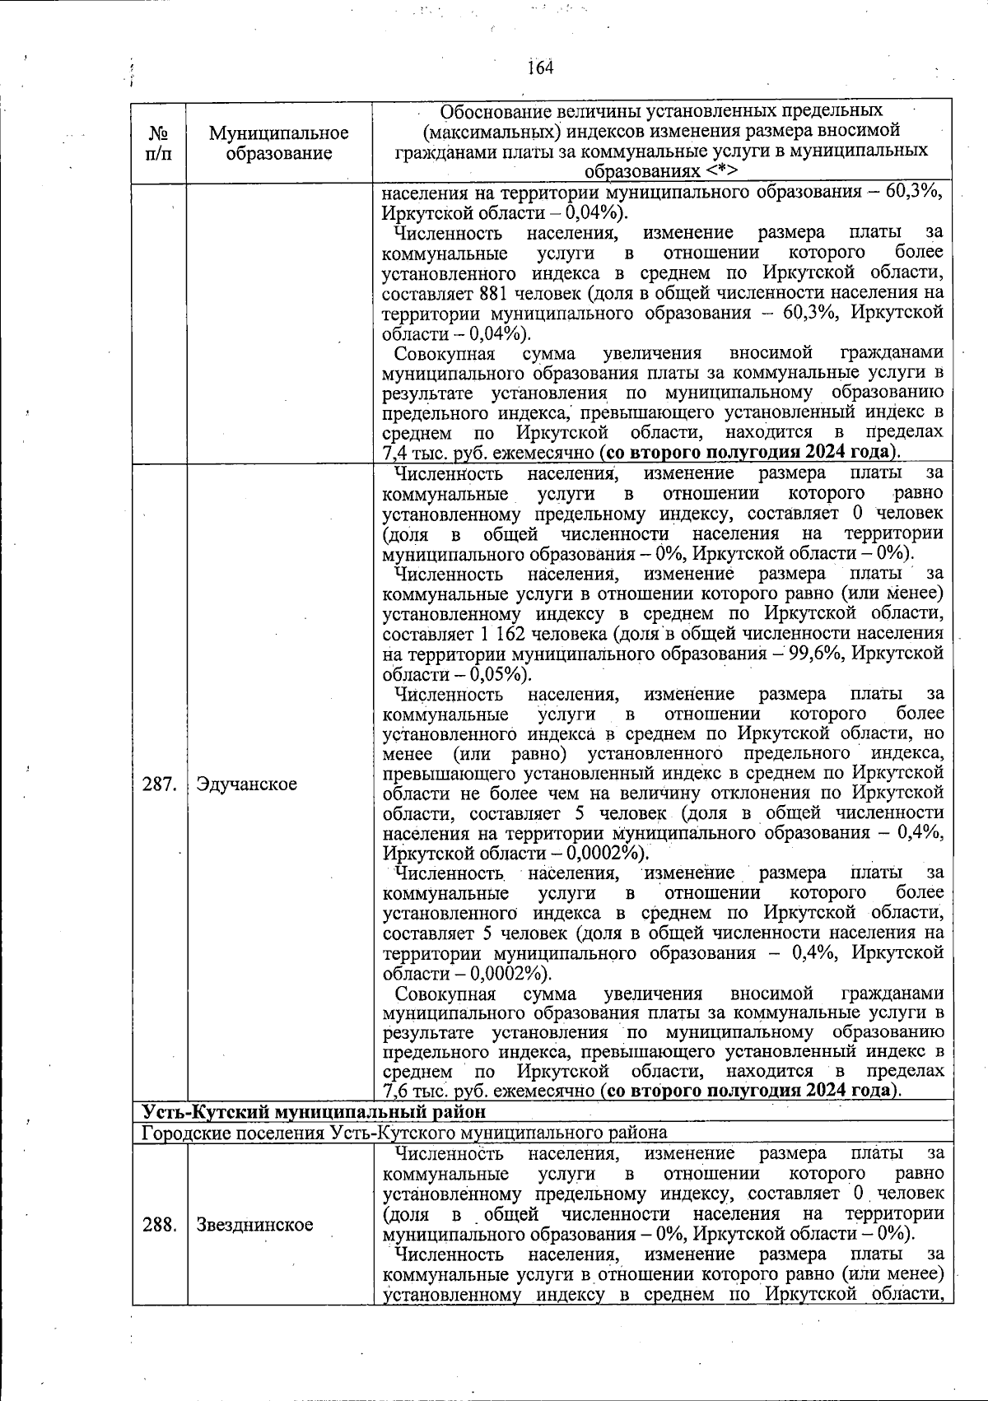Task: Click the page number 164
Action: pos(540,67)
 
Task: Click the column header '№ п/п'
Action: pos(158,142)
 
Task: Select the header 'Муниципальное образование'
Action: pos(278,142)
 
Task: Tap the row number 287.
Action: pos(159,784)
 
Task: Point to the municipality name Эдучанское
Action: pos(246,784)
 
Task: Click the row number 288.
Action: pos(159,1224)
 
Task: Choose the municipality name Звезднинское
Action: pos(254,1224)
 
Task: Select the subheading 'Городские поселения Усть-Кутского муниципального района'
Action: pos(403,1132)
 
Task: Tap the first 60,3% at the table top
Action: pos(913,193)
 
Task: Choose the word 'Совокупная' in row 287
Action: pos(445,993)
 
